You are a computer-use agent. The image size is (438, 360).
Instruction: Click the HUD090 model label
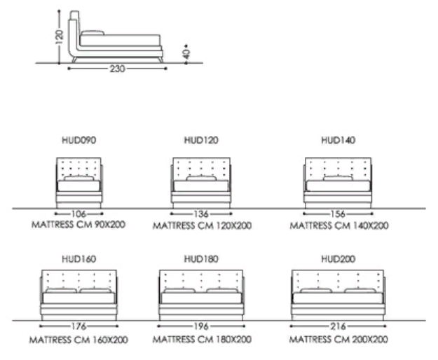pyautogui.click(x=79, y=140)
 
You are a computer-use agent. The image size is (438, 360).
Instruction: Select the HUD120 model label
pyautogui.click(x=201, y=140)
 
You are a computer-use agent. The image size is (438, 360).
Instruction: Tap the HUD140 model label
pyautogui.click(x=338, y=140)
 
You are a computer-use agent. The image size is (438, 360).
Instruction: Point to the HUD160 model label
pyautogui.click(x=79, y=259)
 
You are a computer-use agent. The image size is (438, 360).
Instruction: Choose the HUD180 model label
pyautogui.click(x=201, y=259)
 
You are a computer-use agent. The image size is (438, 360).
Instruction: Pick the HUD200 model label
pyautogui.click(x=338, y=259)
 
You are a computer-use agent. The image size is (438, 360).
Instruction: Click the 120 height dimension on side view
pyautogui.click(x=60, y=37)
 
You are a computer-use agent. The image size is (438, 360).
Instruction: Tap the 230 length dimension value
pyautogui.click(x=117, y=69)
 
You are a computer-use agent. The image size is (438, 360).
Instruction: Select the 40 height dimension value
pyautogui.click(x=186, y=54)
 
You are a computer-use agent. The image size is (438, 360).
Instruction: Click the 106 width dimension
pyautogui.click(x=78, y=214)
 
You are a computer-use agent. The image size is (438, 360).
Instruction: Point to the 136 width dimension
pyautogui.click(x=201, y=214)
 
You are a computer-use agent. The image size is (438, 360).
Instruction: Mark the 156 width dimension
pyautogui.click(x=338, y=214)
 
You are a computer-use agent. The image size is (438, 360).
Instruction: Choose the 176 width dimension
pyautogui.click(x=78, y=326)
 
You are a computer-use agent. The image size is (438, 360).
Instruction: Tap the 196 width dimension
pyautogui.click(x=201, y=326)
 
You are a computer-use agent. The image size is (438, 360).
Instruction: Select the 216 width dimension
pyautogui.click(x=338, y=326)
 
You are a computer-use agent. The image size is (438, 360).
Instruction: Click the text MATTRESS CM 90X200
pyautogui.click(x=78, y=224)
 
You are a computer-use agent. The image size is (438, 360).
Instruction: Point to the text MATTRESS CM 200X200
pyautogui.click(x=338, y=340)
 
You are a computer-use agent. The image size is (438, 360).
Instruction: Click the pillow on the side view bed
pyautogui.click(x=93, y=33)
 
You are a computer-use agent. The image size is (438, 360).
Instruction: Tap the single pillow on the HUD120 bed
pyautogui.click(x=201, y=178)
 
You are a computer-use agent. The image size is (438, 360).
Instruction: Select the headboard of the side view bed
pyautogui.click(x=74, y=34)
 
